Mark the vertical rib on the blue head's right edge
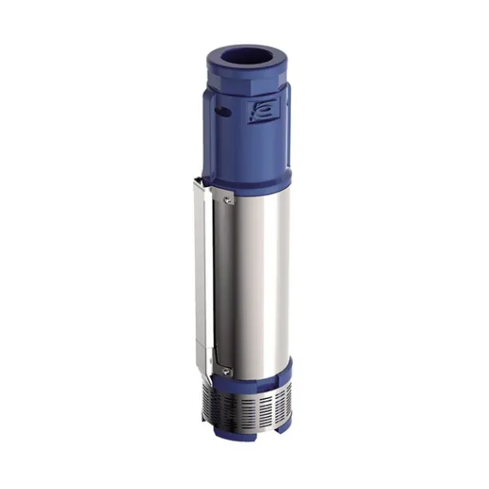coord(287,129)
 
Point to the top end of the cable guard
coord(199,181)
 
